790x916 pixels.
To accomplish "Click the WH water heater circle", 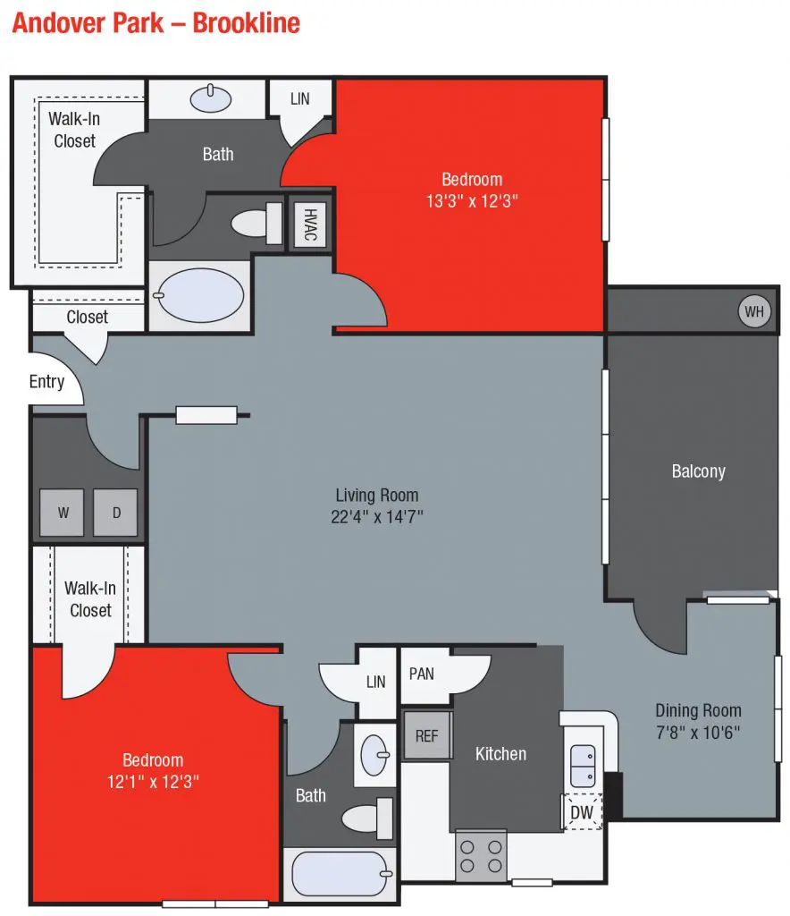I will [x=754, y=312].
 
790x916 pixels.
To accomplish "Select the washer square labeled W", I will [x=62, y=513].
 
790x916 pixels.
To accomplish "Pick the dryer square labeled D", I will [x=115, y=513].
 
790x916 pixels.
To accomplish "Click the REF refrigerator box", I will [x=426, y=735].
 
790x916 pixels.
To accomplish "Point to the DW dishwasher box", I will [x=582, y=810].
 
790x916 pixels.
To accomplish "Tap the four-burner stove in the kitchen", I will [x=482, y=855].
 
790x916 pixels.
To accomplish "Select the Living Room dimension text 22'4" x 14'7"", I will [x=376, y=516].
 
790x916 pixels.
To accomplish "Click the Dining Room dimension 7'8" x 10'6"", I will [x=698, y=732].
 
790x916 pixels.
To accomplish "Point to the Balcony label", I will [x=698, y=471].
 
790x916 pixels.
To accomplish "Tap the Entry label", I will [x=46, y=382].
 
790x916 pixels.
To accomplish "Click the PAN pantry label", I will [x=421, y=673].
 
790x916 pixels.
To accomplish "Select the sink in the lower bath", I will [x=374, y=756].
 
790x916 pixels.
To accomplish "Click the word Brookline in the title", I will [x=246, y=22].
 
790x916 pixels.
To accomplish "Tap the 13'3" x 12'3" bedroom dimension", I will [x=472, y=200].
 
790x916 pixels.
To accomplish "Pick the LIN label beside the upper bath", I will [x=299, y=98].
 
